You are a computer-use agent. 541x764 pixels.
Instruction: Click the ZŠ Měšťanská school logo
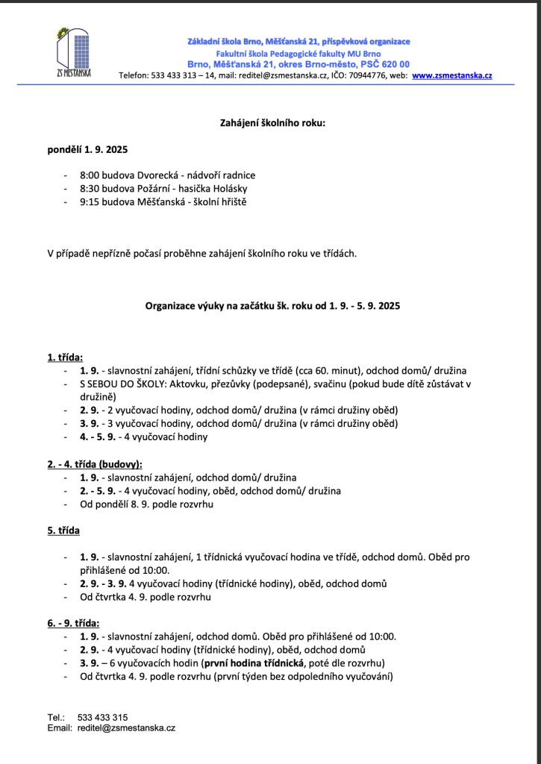(x=74, y=53)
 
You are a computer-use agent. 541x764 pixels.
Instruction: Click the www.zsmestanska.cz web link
(x=451, y=75)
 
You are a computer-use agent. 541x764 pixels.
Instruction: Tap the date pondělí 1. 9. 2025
(x=88, y=149)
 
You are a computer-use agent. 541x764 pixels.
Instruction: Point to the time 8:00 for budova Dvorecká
(x=91, y=175)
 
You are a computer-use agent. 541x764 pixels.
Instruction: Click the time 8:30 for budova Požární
(x=91, y=189)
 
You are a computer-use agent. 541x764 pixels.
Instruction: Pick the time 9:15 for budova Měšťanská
(x=91, y=202)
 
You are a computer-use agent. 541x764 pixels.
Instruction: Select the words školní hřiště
(x=219, y=202)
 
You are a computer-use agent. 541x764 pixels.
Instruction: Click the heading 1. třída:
(x=66, y=357)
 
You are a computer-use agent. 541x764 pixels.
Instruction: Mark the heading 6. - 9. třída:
(x=74, y=623)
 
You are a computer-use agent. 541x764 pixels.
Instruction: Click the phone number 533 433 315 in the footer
(x=102, y=717)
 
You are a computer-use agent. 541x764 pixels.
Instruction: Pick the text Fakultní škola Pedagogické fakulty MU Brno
(x=298, y=54)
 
